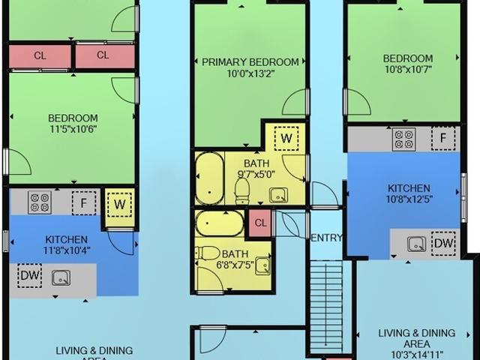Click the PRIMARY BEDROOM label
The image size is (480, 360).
coord(250,62)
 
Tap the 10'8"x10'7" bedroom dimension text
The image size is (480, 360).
coord(407,72)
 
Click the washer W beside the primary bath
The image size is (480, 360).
coord(286,138)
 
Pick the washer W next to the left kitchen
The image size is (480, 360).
coord(118,202)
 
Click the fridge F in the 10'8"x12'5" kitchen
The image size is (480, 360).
coord(444,138)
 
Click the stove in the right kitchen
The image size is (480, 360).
coord(403,138)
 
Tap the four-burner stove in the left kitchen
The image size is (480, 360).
coord(39,202)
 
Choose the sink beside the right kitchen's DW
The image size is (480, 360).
coord(416,244)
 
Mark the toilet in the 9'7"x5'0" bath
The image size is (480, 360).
coord(242,193)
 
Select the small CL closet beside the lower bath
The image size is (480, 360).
coord(260,222)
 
